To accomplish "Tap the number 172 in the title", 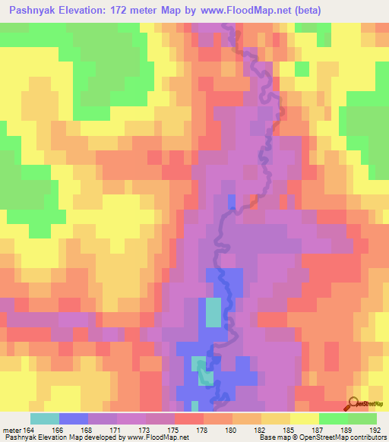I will pyautogui.click(x=138, y=11).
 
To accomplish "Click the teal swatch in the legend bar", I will pyautogui.click(x=45, y=418).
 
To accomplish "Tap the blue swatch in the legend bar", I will pyautogui.click(x=74, y=418).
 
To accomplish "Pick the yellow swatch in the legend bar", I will pyautogui.click(x=304, y=418).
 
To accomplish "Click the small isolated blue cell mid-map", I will pyautogui.click(x=232, y=201).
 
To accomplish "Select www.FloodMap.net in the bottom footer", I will pyautogui.click(x=163, y=437).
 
